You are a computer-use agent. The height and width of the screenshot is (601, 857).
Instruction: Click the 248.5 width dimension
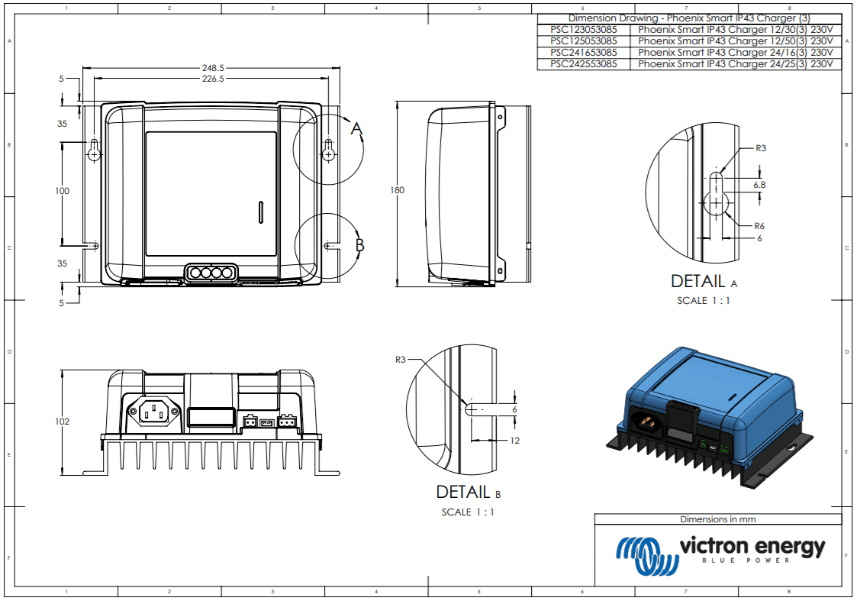click(204, 67)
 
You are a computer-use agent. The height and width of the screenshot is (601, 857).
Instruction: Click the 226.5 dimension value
click(204, 78)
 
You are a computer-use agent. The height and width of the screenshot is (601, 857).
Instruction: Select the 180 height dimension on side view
click(397, 190)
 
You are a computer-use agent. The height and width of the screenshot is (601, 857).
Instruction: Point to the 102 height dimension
click(62, 422)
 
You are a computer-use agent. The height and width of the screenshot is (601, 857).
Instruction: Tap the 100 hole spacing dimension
click(62, 191)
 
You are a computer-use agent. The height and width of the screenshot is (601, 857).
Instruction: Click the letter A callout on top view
click(356, 129)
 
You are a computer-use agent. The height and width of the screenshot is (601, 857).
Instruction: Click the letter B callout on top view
click(359, 246)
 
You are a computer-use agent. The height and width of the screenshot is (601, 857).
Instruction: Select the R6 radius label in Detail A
click(759, 226)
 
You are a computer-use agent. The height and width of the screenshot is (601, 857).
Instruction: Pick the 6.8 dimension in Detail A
click(759, 185)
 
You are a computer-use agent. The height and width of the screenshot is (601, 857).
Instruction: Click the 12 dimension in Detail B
click(514, 440)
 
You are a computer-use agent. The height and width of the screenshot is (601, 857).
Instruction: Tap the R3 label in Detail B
click(401, 359)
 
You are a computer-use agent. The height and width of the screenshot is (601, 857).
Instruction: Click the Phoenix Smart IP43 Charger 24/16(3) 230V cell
click(735, 53)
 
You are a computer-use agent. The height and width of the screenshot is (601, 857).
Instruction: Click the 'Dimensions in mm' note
click(718, 519)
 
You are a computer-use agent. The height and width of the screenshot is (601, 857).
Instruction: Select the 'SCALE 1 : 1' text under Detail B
click(468, 512)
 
